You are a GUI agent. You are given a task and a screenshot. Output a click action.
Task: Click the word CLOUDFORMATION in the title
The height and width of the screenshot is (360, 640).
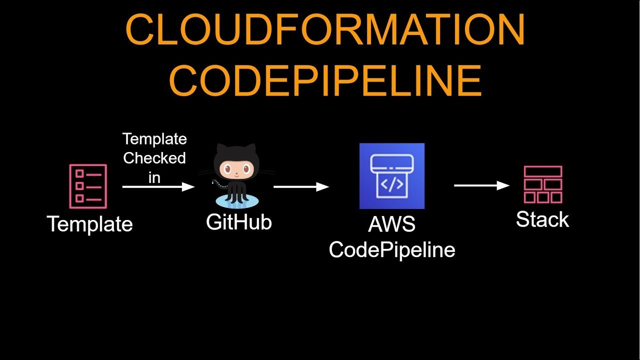325,30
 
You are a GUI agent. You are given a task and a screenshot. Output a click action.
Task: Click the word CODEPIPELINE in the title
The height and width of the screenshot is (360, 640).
325,80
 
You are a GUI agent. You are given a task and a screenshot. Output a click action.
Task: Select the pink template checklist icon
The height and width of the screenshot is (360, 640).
88,186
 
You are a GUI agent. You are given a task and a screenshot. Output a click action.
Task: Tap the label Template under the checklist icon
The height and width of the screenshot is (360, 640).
90,223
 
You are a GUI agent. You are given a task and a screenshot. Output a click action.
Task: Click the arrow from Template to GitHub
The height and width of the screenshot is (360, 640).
158,186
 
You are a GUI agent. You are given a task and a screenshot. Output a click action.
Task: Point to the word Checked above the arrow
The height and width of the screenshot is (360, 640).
154,158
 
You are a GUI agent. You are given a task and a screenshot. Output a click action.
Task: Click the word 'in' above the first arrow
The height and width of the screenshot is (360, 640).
154,177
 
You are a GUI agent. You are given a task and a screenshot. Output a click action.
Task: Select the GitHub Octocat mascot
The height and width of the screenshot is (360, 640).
235,172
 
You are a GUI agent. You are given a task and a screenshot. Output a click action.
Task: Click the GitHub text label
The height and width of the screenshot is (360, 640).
238,221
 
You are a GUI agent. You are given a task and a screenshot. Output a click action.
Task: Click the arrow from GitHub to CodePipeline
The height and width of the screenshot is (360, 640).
301,186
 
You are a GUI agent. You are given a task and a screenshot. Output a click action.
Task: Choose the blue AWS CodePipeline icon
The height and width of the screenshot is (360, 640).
392,176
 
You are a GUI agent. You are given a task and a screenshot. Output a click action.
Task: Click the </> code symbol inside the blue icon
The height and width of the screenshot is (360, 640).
392,184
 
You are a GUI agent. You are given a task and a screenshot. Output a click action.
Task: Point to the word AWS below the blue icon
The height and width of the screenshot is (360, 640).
391,224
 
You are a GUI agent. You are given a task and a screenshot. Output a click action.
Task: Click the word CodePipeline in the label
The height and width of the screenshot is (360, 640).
392,249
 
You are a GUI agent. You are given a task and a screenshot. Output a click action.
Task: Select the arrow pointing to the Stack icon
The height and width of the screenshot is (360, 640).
481,185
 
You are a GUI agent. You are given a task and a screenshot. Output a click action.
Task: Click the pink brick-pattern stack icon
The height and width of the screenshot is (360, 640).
543,184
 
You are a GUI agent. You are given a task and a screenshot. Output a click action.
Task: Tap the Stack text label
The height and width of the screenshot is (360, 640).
542,219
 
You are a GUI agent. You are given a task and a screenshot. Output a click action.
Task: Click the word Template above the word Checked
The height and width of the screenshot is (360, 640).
154,138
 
